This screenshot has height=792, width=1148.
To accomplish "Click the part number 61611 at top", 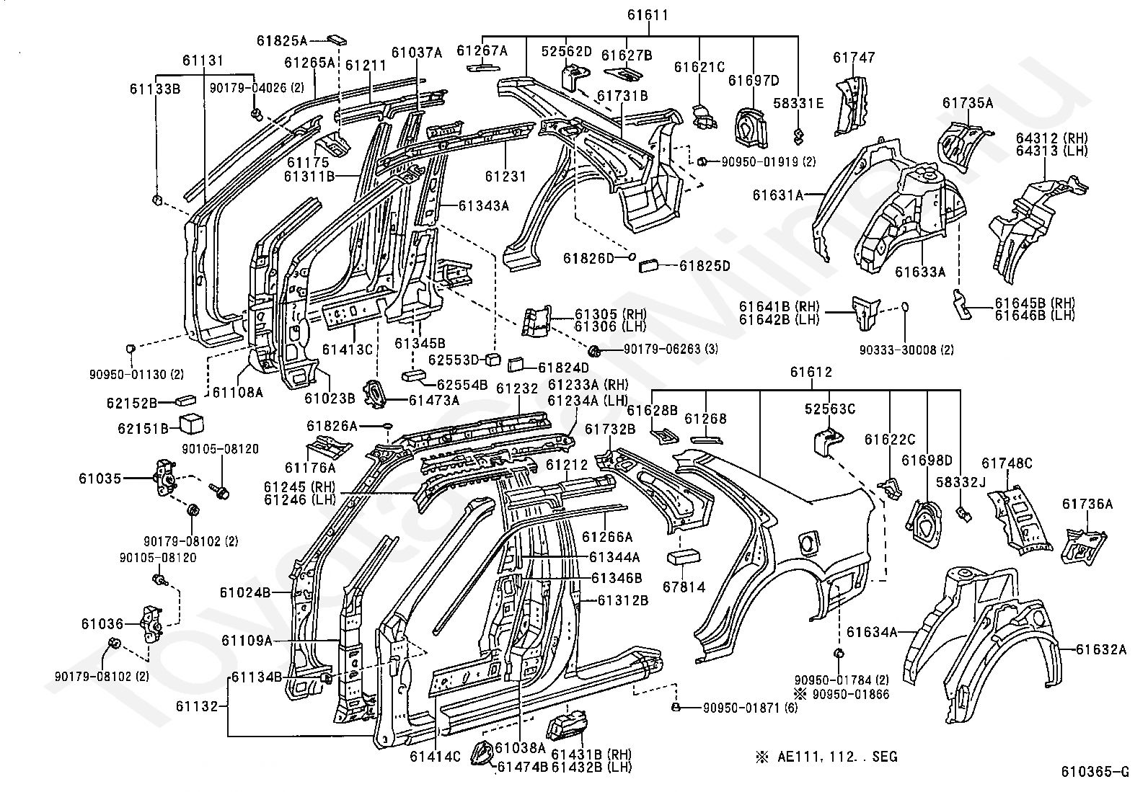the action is pyautogui.click(x=648, y=15).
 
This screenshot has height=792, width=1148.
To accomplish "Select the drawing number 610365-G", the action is pyautogui.click(x=1095, y=772).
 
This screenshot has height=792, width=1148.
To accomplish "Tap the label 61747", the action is pyautogui.click(x=854, y=58).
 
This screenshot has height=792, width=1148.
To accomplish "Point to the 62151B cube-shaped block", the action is pyautogui.click(x=190, y=424).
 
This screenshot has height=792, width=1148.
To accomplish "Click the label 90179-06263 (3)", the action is pyautogui.click(x=671, y=350).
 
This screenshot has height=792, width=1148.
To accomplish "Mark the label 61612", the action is pyautogui.click(x=811, y=372).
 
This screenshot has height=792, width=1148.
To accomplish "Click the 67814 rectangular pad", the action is pyautogui.click(x=684, y=556).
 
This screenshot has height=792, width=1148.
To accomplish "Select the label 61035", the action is pyautogui.click(x=100, y=479).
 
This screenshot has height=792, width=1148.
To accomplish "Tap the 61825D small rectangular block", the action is pyautogui.click(x=651, y=266).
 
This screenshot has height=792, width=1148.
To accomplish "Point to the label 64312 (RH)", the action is pyautogui.click(x=1051, y=138).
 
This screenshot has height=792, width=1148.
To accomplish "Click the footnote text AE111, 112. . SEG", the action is pyautogui.click(x=837, y=757).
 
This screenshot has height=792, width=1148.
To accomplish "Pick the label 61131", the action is pyautogui.click(x=203, y=61).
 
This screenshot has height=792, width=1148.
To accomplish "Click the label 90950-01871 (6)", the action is pyautogui.click(x=750, y=708).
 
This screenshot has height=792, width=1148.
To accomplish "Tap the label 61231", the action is pyautogui.click(x=505, y=177).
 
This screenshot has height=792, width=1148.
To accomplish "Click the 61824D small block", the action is pyautogui.click(x=515, y=366).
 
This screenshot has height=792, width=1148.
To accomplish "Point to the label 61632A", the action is pyautogui.click(x=1101, y=649).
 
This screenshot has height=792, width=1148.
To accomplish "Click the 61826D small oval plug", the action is pyautogui.click(x=632, y=256).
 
